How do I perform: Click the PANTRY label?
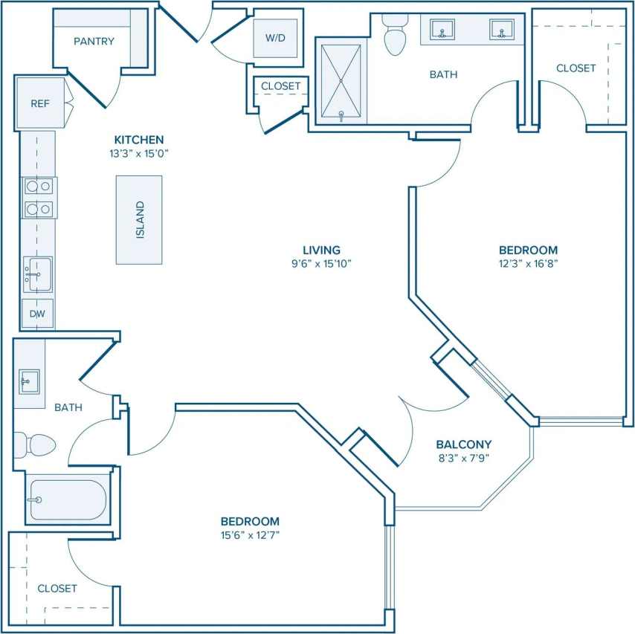(94, 42)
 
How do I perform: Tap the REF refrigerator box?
(40, 103)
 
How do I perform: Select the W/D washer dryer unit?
(275, 38)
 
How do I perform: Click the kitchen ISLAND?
(139, 219)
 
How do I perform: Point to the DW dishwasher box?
(37, 314)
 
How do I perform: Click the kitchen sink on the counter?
(36, 274)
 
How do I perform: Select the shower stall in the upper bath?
(341, 82)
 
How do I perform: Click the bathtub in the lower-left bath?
(68, 499)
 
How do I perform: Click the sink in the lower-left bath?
(30, 382)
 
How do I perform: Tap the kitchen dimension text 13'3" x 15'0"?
(139, 154)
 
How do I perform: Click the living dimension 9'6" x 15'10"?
(321, 263)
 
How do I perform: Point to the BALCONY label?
(464, 444)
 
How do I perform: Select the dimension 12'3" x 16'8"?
(528, 263)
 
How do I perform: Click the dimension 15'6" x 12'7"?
(250, 534)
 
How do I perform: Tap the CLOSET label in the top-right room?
(576, 68)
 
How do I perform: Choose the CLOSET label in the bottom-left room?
(57, 588)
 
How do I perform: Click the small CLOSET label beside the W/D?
(280, 86)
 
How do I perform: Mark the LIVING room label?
(321, 250)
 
